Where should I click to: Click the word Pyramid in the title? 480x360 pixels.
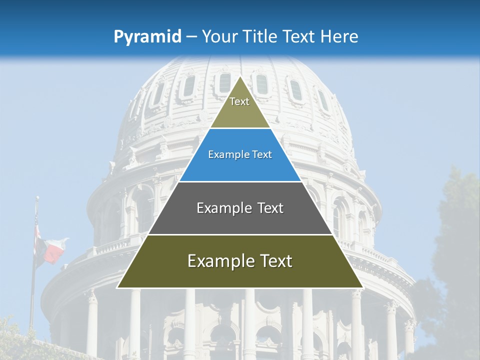[147, 37]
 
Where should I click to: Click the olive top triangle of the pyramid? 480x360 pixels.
[240, 112]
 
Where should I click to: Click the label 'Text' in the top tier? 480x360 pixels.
[239, 101]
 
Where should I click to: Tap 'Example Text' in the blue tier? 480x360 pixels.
[240, 154]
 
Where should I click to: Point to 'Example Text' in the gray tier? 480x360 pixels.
[240, 208]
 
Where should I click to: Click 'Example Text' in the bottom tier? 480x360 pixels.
[240, 261]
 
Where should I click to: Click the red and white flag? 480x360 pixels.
[53, 250]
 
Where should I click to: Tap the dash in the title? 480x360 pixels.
[191, 37]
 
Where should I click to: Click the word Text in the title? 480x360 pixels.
[299, 36]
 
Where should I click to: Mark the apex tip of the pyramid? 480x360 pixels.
[240, 77]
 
